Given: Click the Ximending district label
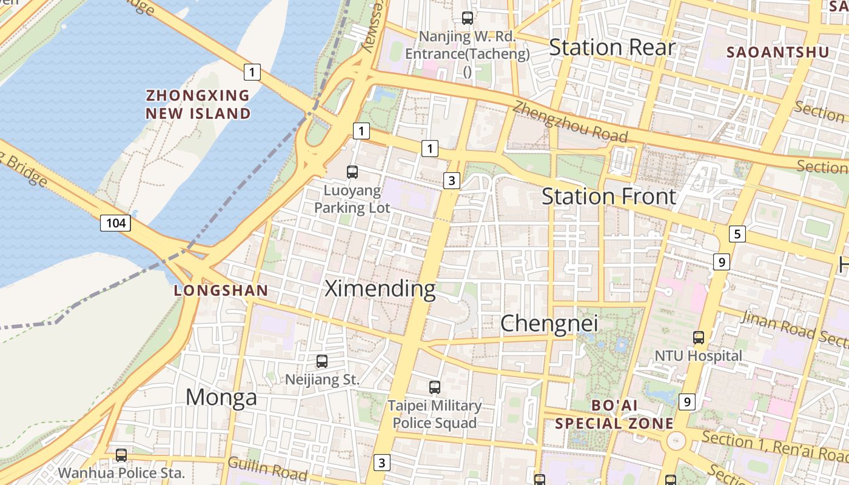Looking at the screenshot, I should pyautogui.click(x=380, y=289).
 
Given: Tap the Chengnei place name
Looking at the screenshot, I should pyautogui.click(x=549, y=323).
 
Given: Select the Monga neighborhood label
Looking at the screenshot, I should pyautogui.click(x=221, y=398).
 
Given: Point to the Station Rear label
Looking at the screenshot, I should pyautogui.click(x=612, y=47).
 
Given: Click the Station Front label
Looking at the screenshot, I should pyautogui.click(x=608, y=196).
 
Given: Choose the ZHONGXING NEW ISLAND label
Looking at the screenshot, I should pyautogui.click(x=198, y=104).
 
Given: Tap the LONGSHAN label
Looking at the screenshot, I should pyautogui.click(x=221, y=290).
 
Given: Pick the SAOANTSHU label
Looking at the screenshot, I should pyautogui.click(x=777, y=52).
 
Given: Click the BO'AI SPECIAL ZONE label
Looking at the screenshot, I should pyautogui.click(x=614, y=414).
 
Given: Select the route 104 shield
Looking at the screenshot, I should pyautogui.click(x=115, y=223).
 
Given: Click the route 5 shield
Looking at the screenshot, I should pyautogui.click(x=737, y=234).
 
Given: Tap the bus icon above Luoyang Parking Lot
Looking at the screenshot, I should pyautogui.click(x=352, y=172).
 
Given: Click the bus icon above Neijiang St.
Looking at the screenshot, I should pyautogui.click(x=322, y=361).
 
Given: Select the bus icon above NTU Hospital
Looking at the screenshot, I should pyautogui.click(x=699, y=337).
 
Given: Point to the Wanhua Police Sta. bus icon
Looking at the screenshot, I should pyautogui.click(x=121, y=455).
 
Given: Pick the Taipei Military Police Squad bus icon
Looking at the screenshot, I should pyautogui.click(x=434, y=387).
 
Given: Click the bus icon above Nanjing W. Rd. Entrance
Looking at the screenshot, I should pyautogui.click(x=467, y=18).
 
